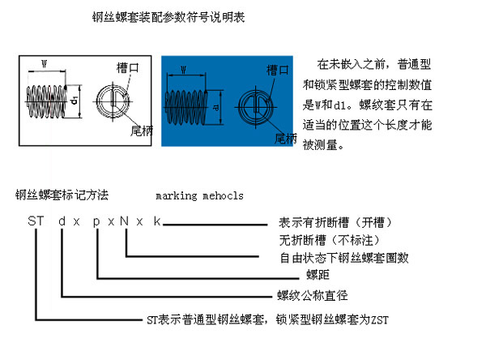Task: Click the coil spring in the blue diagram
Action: (x=188, y=105)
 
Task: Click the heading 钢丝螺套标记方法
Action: (x=62, y=195)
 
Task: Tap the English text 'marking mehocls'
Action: (x=198, y=195)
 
